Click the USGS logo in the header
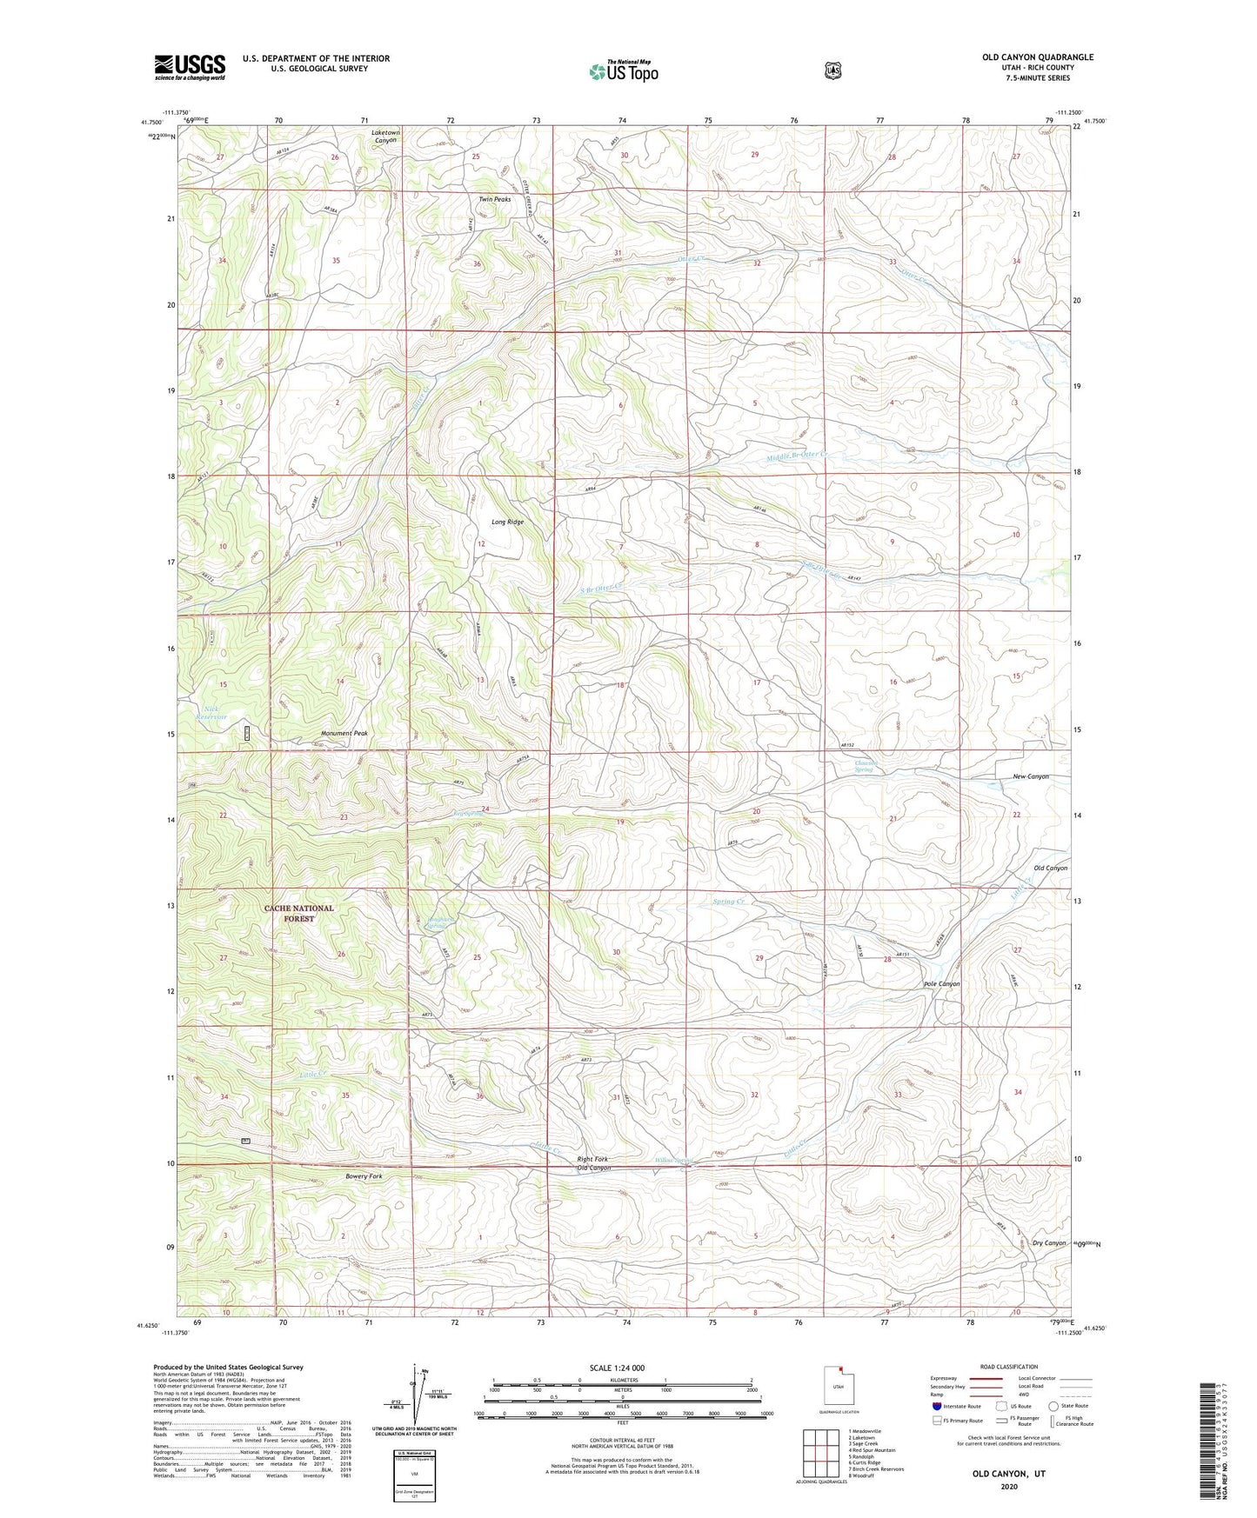click(x=190, y=66)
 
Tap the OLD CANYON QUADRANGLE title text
click(x=1038, y=57)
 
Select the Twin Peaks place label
click(x=494, y=199)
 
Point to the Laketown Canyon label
click(x=385, y=136)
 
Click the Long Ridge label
click(x=507, y=522)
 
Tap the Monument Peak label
click(x=344, y=733)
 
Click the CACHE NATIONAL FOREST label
click(x=298, y=913)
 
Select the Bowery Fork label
click(x=364, y=1175)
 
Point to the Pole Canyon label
click(x=941, y=983)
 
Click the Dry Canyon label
click(x=1049, y=1242)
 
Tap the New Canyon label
click(x=1031, y=776)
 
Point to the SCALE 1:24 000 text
click(x=617, y=1368)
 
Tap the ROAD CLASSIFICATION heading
click(x=1008, y=1367)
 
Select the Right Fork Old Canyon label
click(x=592, y=1163)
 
